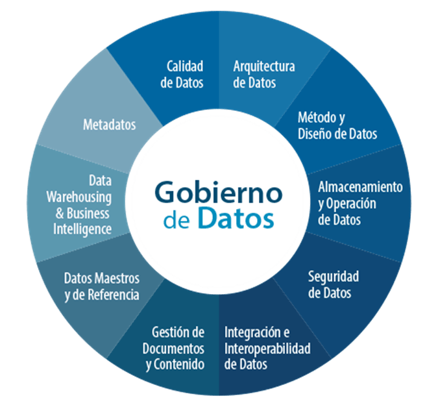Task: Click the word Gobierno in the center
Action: (x=219, y=193)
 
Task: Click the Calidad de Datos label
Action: (x=185, y=75)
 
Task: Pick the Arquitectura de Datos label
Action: (x=264, y=75)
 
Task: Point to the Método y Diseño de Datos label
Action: (x=337, y=126)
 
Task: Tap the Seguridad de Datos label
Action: (x=333, y=285)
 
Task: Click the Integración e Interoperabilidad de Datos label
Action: (x=267, y=349)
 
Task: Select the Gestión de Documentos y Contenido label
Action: (x=175, y=349)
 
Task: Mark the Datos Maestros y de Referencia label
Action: (x=102, y=286)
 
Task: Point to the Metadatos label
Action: (x=110, y=125)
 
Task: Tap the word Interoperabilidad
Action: (x=267, y=349)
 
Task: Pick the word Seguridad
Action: (x=333, y=277)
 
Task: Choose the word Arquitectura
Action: (x=264, y=67)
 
